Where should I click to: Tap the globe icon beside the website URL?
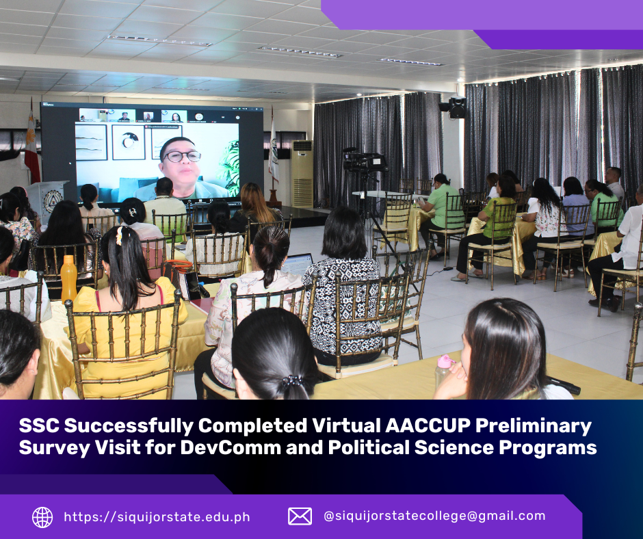(x=42, y=517)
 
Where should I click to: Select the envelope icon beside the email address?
(x=300, y=516)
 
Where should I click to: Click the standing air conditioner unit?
(x=302, y=174)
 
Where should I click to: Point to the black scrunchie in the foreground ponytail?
(x=292, y=382)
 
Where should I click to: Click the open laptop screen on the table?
(x=297, y=264)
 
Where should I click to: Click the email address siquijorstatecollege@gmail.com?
(x=434, y=516)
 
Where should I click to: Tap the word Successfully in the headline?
(x=129, y=426)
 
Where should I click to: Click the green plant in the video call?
(x=230, y=168)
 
